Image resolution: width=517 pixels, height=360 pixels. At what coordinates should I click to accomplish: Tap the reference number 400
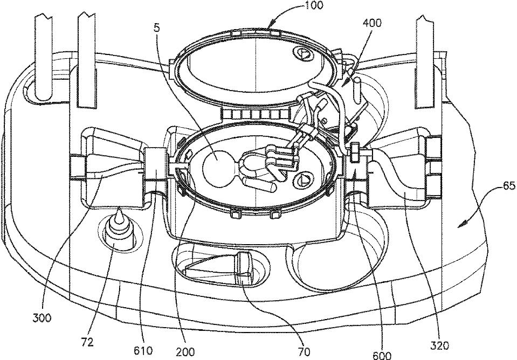coord(373,23)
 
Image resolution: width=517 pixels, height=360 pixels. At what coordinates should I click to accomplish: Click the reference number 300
coord(42,318)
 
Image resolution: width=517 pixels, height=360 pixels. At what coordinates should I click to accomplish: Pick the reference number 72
coord(87,342)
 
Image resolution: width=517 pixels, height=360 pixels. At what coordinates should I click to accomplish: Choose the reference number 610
coord(143,350)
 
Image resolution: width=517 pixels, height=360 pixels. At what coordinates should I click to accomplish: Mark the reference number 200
coord(185,351)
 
